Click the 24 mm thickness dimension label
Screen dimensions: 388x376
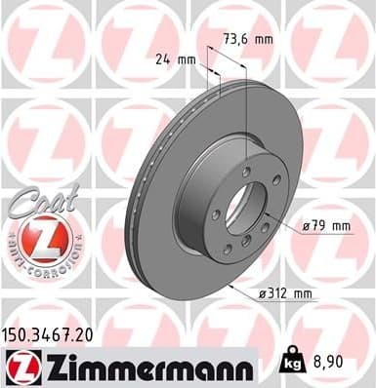pyautogui.click(x=176, y=59)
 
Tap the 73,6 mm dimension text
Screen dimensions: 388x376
pyautogui.click(x=247, y=39)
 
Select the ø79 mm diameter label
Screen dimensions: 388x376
pyautogui.click(x=326, y=225)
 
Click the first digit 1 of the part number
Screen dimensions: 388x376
pyautogui.click(x=9, y=332)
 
